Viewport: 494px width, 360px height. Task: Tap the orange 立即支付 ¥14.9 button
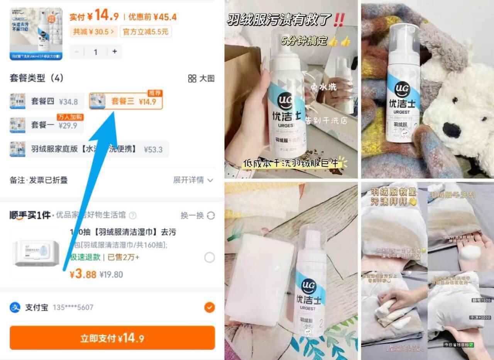pos(112,338)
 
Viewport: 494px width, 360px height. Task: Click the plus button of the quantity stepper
pos(115,52)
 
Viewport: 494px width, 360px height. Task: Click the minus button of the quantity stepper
pos(77,52)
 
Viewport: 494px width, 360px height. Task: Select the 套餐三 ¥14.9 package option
pos(126,102)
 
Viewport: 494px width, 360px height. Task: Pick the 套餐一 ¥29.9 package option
pos(46,125)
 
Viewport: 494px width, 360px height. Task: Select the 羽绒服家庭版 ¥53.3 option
pos(89,149)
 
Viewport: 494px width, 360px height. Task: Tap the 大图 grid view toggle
pos(201,78)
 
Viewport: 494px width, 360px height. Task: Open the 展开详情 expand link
pos(193,180)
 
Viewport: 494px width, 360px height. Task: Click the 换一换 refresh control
pos(197,215)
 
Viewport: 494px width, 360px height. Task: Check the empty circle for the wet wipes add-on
pos(209,258)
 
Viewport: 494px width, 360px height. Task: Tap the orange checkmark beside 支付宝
pos(209,307)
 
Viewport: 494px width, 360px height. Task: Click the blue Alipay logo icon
pos(15,307)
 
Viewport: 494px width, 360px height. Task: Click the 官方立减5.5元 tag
pos(145,32)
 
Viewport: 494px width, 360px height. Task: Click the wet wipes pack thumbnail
pos(37,253)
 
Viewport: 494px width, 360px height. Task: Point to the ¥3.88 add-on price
pos(83,274)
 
